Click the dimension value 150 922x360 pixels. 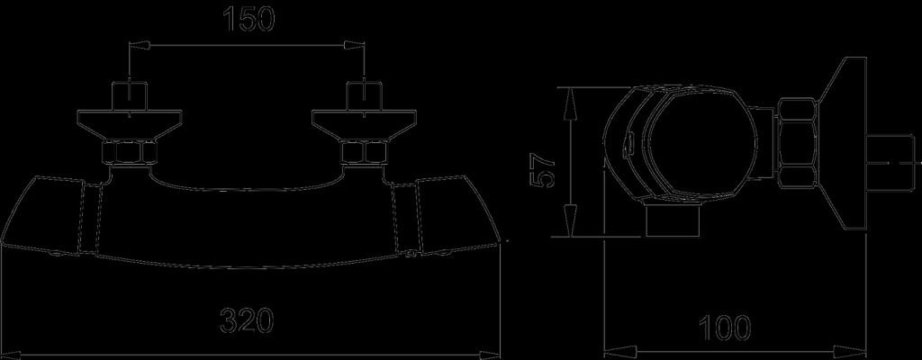tap(249, 19)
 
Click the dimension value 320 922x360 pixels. tap(247, 321)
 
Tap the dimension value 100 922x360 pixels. tap(725, 328)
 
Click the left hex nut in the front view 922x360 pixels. tap(129, 154)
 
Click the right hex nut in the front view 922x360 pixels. tap(364, 154)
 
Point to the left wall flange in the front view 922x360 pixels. tap(129, 125)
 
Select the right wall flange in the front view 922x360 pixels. tap(364, 125)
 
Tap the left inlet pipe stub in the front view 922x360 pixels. tap(129, 96)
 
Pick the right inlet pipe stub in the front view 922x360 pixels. tap(364, 96)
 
